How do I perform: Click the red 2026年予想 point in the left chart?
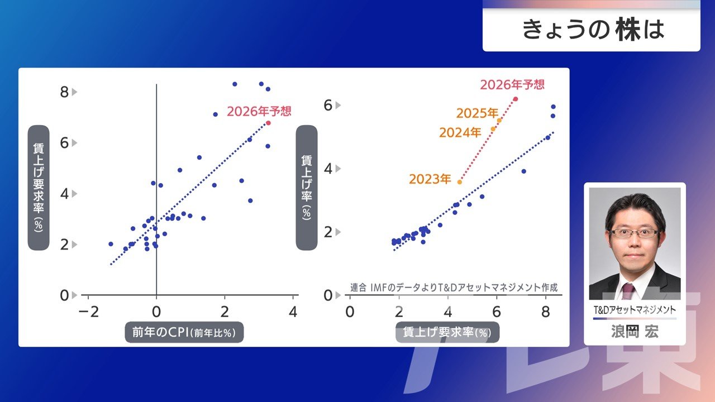[268, 123]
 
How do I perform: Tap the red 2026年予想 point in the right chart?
[516, 99]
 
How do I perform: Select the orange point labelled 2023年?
[460, 182]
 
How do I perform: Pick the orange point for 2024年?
[493, 129]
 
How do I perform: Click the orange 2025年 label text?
[477, 113]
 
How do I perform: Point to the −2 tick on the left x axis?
[89, 312]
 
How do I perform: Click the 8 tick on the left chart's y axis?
[64, 92]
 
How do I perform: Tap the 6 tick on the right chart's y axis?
[328, 106]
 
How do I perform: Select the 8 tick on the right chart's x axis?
[546, 312]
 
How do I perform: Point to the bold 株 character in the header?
[628, 30]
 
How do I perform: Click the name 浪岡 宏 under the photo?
[635, 332]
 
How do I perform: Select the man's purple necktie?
[627, 291]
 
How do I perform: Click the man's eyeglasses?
[635, 233]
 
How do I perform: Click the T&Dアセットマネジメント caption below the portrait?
[635, 310]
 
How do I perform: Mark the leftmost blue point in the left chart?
[111, 244]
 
